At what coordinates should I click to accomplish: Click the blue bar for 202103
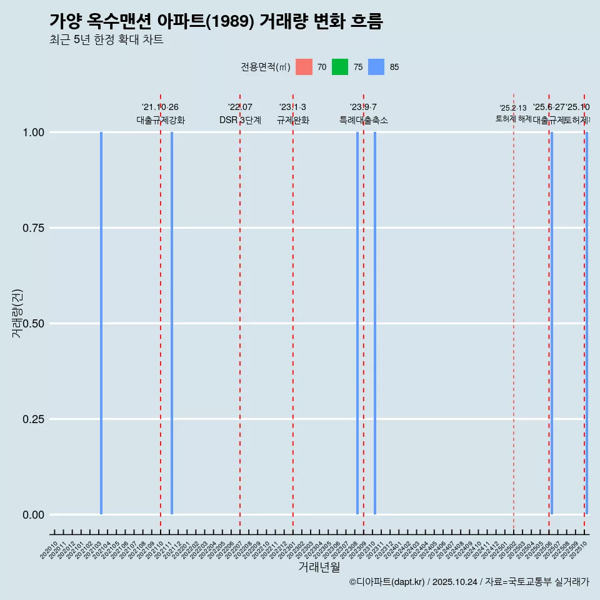101,323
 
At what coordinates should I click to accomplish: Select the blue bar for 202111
172,323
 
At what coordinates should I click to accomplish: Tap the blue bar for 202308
357,323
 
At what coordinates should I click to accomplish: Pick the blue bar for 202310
375,323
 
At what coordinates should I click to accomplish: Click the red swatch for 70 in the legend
304,67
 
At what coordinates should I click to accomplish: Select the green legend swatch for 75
340,67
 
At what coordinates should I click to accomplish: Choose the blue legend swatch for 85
376,67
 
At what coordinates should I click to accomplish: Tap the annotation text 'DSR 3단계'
240,120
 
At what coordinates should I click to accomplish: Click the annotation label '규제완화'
292,120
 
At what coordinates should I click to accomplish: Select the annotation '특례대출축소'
364,120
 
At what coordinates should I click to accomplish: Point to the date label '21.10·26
161,107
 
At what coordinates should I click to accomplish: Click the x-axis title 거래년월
319,567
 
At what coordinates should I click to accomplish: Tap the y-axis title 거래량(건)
17,314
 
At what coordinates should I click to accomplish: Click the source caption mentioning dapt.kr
469,582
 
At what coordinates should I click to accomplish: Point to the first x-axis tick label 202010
49,550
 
